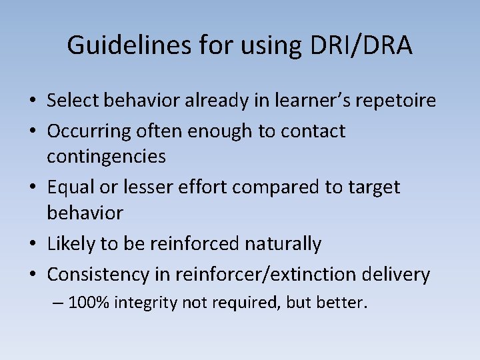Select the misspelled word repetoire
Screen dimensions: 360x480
(x=393, y=101)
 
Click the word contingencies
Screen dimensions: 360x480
(x=107, y=157)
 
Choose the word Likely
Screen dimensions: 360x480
(x=71, y=244)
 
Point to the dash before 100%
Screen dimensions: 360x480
(x=59, y=303)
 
